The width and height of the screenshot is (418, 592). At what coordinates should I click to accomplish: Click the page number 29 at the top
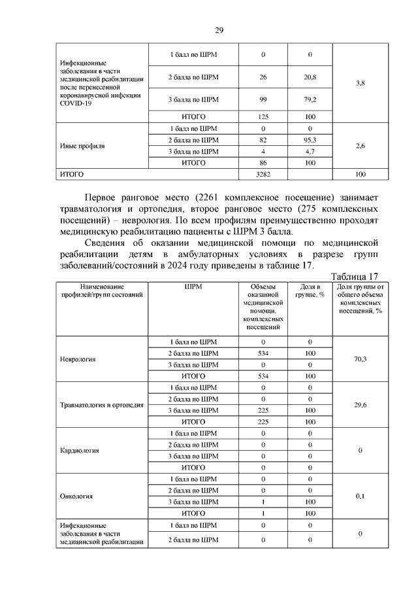tap(219, 31)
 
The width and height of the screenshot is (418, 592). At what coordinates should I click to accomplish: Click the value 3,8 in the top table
tap(359, 84)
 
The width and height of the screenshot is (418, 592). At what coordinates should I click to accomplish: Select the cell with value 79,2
tap(310, 99)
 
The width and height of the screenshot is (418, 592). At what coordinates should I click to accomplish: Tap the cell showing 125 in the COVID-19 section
tap(264, 116)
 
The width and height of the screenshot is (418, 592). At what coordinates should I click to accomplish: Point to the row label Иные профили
tap(78, 146)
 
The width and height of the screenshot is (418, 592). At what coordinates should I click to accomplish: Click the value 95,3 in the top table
tap(310, 140)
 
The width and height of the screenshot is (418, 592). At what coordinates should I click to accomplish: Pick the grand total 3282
tap(264, 175)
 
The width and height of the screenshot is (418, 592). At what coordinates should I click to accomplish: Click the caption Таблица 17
tap(354, 276)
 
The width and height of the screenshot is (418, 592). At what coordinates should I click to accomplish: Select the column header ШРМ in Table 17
tap(193, 287)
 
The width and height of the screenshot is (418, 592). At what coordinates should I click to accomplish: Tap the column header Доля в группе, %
tap(310, 290)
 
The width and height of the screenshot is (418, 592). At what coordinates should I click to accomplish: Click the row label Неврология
tap(78, 359)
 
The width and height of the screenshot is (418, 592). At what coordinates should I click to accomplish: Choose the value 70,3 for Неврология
tap(359, 359)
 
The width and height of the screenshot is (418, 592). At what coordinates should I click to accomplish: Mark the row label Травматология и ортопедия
tap(101, 405)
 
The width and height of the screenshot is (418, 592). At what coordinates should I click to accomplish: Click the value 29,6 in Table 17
tap(359, 405)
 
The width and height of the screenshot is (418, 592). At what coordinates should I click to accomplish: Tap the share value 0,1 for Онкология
tap(359, 496)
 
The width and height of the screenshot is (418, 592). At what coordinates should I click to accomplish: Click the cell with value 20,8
tap(310, 77)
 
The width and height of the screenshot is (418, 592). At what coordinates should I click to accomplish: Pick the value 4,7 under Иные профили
tap(310, 151)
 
